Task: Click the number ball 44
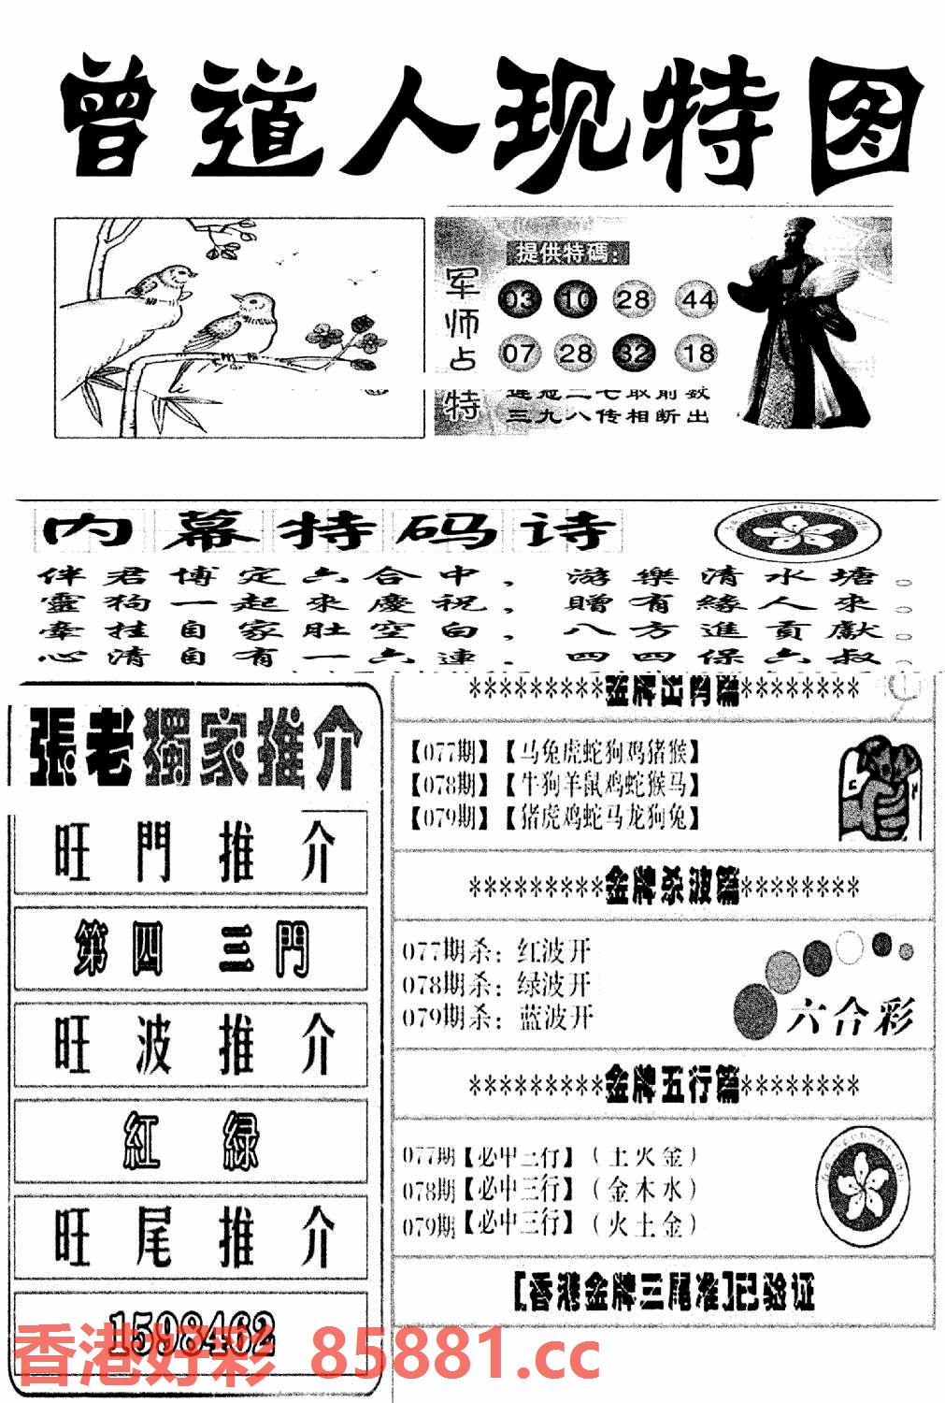pos(697,299)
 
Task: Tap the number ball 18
pos(697,353)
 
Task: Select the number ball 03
pos(519,299)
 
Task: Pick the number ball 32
pos(635,353)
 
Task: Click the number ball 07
pos(519,353)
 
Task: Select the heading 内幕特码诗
pos(332,532)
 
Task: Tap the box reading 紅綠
pos(191,1140)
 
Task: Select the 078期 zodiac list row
pos(555,784)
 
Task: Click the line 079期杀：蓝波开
pos(498,1017)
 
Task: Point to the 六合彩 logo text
pos(849,1015)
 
